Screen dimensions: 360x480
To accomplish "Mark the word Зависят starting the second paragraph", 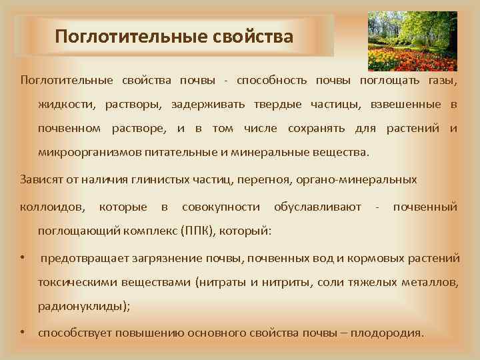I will point(42,179).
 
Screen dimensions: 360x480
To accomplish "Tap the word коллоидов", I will point(53,207).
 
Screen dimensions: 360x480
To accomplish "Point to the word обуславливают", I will point(317,207).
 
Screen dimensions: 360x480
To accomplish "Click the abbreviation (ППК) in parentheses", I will point(201,231).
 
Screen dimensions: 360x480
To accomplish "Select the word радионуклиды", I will point(82,307).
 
